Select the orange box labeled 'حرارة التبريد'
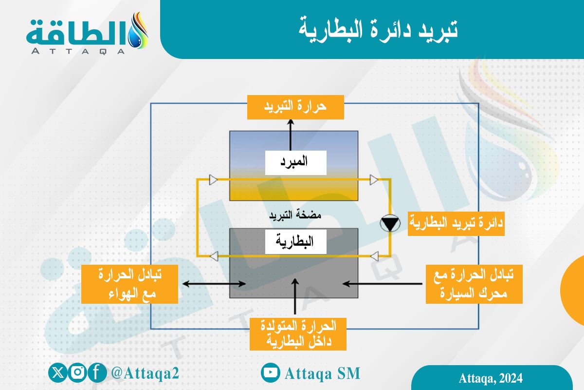[295, 107]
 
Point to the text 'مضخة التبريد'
[296, 215]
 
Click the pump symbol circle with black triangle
[390, 224]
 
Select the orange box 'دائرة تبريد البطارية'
[456, 224]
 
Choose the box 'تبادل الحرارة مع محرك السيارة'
[474, 284]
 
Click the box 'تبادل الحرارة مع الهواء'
[129, 284]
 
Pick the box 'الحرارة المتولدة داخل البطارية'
[298, 333]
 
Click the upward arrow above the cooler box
[291, 135]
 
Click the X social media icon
[58, 373]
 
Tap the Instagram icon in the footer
[77, 373]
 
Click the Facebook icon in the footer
[97, 373]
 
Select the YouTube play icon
[270, 373]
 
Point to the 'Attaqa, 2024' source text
[491, 378]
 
